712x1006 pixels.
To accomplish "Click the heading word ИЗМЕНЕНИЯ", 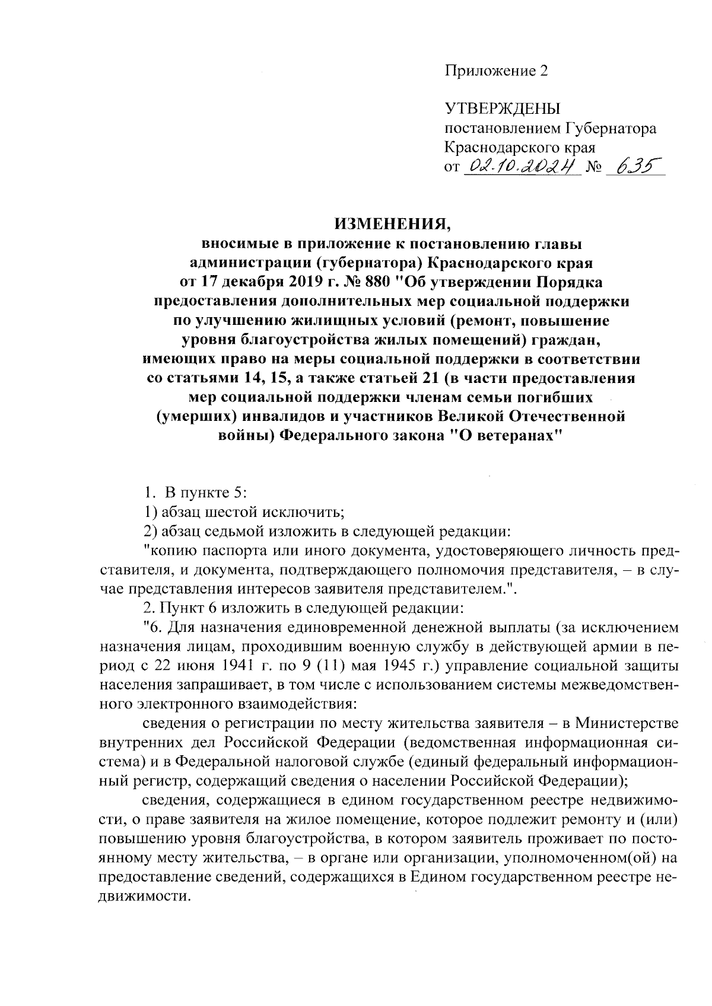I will (393, 225).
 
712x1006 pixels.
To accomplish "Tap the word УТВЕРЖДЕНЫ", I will (503, 108).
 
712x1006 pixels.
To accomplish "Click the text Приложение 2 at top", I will (496, 71).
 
